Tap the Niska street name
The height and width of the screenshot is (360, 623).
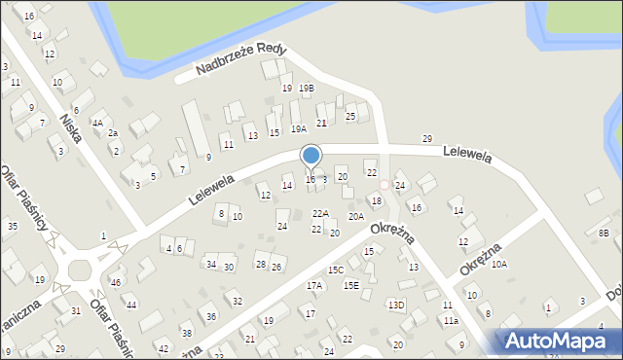[71, 126]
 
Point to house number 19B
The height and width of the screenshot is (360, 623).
[306, 89]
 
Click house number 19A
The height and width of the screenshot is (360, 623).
[299, 128]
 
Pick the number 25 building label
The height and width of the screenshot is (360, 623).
[350, 117]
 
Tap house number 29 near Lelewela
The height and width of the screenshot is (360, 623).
[426, 139]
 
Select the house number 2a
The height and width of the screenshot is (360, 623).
[112, 133]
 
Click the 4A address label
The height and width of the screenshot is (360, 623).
[97, 123]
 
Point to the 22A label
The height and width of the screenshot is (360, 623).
[320, 213]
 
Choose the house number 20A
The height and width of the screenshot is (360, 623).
[356, 216]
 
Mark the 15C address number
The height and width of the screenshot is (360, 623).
[336, 270]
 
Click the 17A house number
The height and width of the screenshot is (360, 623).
[314, 286]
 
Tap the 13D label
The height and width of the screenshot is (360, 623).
[396, 306]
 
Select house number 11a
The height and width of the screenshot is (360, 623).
[451, 320]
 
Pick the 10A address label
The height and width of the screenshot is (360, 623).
[499, 264]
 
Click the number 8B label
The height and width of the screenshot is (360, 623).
[604, 234]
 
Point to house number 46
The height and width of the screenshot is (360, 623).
[116, 282]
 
